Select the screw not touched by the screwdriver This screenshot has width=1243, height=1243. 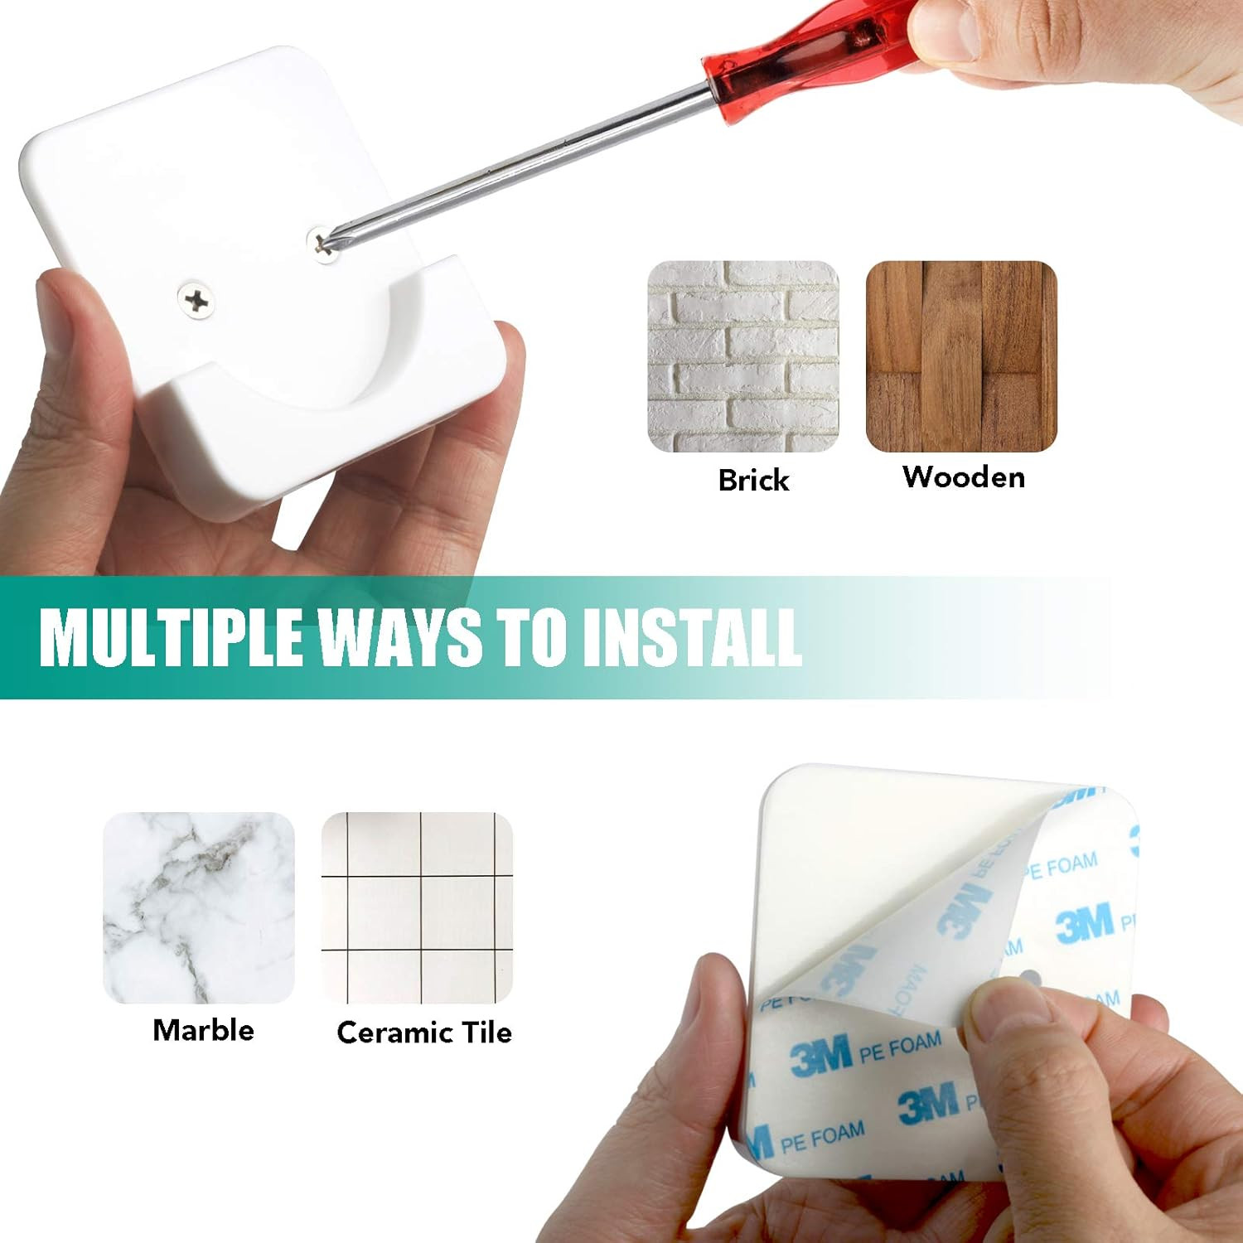(196, 300)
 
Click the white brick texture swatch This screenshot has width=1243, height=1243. (742, 356)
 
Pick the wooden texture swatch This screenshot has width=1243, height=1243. (961, 356)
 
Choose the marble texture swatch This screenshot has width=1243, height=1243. (199, 907)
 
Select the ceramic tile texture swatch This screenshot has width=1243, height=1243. (417, 907)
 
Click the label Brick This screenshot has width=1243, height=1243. (753, 481)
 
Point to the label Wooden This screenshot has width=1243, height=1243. (963, 477)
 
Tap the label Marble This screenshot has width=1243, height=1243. (203, 1030)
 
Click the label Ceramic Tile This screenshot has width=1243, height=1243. (424, 1033)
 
